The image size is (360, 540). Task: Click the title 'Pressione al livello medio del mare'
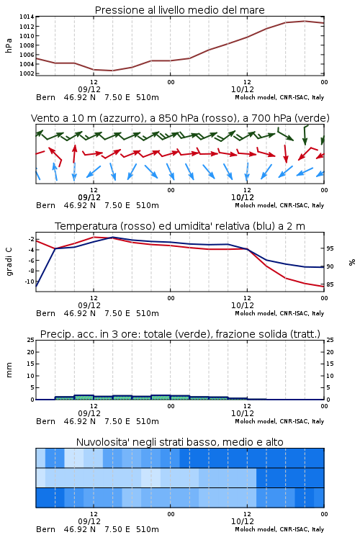click(179, 10)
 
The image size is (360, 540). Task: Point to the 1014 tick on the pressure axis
click(27, 17)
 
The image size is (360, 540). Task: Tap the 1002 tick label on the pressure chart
click(27, 73)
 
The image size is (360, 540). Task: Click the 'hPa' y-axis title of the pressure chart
click(9, 45)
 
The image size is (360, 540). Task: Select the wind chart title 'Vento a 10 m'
click(64, 118)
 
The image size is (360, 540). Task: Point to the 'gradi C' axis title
click(9, 262)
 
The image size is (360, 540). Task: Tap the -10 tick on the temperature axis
click(30, 282)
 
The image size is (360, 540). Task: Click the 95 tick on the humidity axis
click(330, 248)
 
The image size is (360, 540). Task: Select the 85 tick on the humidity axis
click(330, 284)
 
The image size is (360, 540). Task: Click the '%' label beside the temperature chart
click(352, 262)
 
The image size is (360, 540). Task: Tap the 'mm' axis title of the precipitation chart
click(9, 370)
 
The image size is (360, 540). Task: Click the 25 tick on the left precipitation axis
click(30, 341)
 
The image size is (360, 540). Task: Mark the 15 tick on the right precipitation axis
click(330, 364)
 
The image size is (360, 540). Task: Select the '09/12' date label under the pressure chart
click(89, 89)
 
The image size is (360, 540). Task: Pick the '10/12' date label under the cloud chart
click(243, 521)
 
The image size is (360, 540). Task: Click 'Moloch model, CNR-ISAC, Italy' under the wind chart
click(279, 206)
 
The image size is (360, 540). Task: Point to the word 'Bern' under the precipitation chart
click(45, 421)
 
